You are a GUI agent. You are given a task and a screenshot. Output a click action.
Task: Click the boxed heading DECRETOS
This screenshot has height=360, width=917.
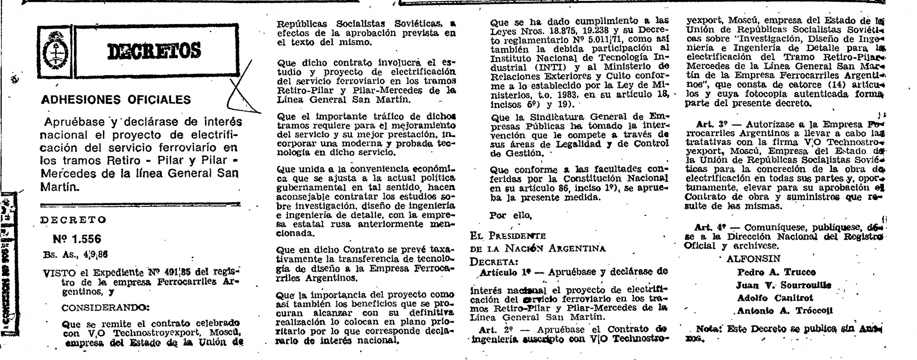154,50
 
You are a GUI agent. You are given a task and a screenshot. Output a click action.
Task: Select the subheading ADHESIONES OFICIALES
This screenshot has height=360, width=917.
116,99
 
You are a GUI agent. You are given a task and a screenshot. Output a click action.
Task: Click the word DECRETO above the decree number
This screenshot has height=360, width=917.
73,220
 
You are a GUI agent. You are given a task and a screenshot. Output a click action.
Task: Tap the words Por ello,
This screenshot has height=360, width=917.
511,215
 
